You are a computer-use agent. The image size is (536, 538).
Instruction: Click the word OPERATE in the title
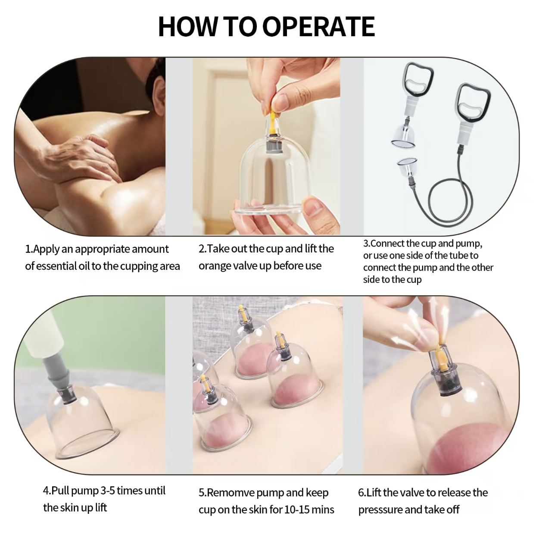(x=318, y=27)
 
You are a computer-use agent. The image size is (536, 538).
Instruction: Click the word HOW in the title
(x=187, y=27)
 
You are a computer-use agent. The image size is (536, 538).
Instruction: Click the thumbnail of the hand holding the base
(x=316, y=205)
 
